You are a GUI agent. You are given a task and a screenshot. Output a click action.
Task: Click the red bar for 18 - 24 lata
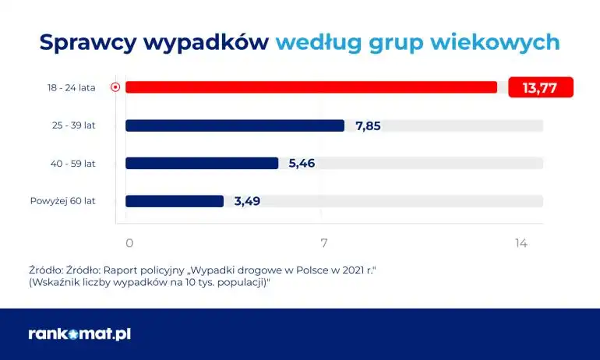311,87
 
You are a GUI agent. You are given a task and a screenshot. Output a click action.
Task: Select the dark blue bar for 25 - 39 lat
235,125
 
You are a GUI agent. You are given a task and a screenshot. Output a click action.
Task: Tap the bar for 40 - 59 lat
202,163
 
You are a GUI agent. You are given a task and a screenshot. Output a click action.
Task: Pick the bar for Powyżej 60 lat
175,201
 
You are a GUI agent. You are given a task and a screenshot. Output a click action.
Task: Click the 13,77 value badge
540,87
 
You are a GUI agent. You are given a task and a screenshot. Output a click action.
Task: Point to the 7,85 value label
368,125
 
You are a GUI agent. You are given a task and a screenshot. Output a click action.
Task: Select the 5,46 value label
302,163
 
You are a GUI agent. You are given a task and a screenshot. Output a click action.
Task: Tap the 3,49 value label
247,201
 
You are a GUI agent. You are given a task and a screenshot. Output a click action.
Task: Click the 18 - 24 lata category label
71,87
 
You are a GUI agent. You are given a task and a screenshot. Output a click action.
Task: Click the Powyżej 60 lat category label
62,201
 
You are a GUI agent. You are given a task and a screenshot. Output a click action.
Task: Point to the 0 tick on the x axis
129,243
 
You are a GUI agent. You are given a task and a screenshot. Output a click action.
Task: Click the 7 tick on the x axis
323,243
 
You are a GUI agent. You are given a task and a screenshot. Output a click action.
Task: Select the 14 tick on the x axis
521,243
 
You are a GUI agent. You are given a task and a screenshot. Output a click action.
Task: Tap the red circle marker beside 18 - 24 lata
115,87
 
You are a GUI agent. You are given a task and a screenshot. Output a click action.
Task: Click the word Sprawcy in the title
88,41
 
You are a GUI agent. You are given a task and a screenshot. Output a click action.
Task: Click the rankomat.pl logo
79,334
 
